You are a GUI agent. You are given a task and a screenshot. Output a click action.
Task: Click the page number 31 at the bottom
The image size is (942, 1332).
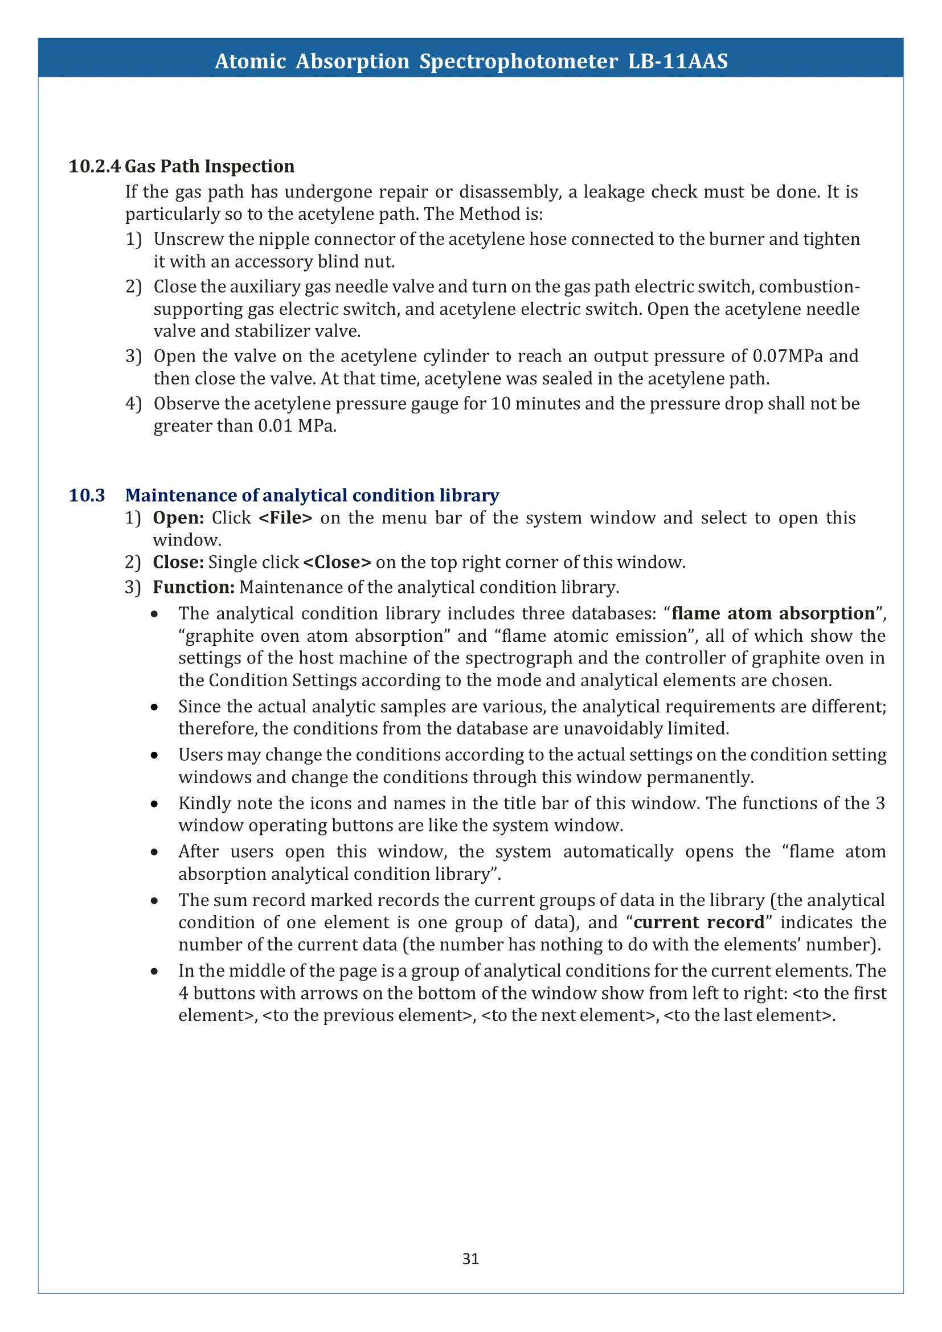coord(470,1259)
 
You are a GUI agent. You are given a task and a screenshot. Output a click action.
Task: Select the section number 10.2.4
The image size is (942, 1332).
coord(95,166)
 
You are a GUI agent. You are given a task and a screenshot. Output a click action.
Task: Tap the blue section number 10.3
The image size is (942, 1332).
coord(87,495)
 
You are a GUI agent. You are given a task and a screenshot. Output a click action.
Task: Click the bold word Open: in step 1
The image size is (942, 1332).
coord(178,518)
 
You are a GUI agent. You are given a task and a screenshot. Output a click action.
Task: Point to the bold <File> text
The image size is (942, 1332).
coord(285,518)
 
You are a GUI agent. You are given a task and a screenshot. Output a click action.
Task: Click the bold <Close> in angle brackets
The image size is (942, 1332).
coord(337,562)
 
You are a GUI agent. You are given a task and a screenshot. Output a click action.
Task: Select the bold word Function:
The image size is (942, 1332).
coord(194,587)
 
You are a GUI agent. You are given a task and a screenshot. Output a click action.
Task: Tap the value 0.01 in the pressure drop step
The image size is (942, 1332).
coord(275,426)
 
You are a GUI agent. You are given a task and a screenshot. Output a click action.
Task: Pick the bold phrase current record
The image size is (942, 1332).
coord(699,922)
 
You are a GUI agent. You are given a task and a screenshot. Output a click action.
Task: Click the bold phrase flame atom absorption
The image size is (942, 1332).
coord(773,613)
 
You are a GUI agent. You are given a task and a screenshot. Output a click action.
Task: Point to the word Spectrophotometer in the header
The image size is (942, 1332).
coord(519,61)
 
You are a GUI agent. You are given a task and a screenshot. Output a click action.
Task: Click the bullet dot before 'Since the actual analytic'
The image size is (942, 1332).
coord(154,707)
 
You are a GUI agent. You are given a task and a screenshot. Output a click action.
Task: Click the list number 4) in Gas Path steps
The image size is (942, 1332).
coord(133,404)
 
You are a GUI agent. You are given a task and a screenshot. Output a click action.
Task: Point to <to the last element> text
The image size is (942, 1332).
coord(749,1015)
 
